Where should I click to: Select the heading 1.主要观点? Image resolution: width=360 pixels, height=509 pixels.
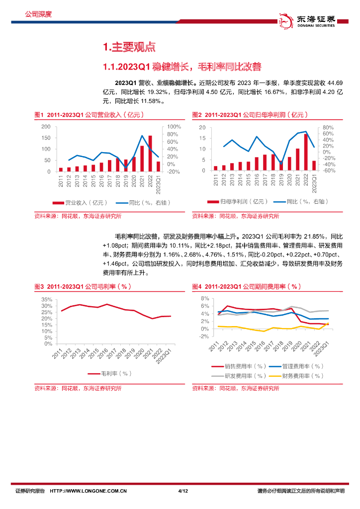tap(129, 47)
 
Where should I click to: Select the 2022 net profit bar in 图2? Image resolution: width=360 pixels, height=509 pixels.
tap(306, 152)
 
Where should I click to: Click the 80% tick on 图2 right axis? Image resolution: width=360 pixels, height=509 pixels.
tap(328, 127)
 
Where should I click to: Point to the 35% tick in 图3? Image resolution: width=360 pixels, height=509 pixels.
tap(46, 300)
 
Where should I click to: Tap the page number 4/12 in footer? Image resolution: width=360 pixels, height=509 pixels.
tap(182, 491)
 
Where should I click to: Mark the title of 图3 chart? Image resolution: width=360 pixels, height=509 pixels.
tap(83, 287)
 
